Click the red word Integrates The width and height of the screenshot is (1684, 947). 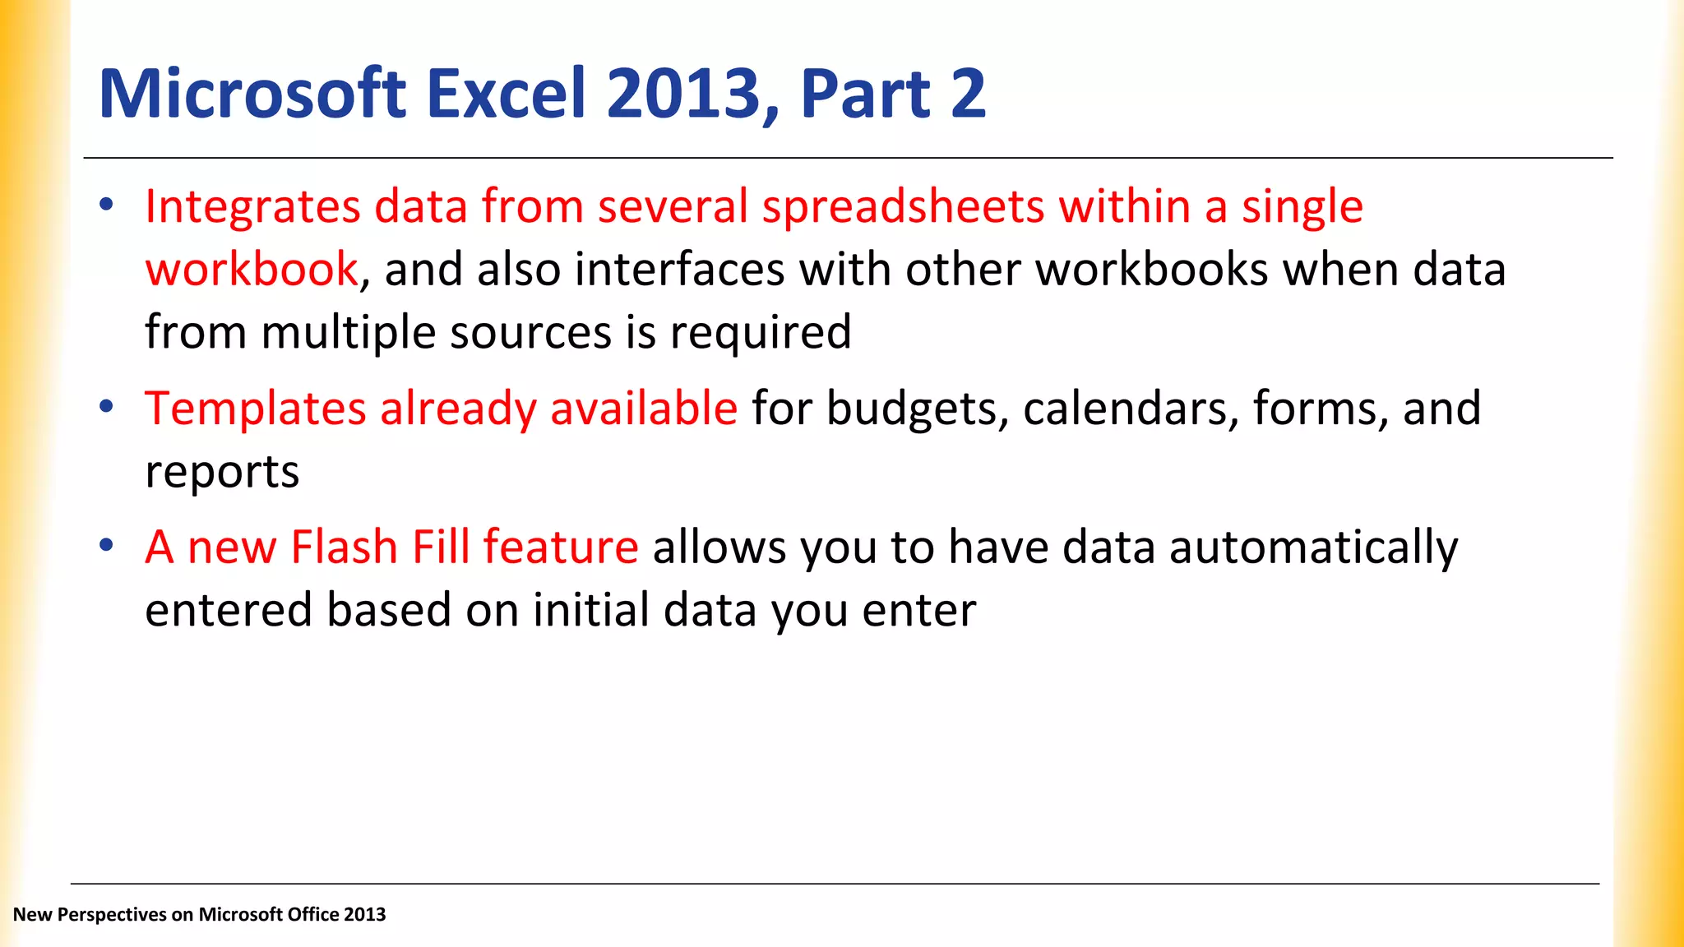[x=252, y=207]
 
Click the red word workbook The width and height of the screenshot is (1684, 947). [x=252, y=270]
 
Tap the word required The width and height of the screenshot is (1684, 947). [x=761, y=333]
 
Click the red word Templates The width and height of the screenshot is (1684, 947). [x=255, y=409]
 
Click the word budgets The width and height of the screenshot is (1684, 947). [x=916, y=409]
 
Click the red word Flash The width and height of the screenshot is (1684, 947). [x=344, y=547]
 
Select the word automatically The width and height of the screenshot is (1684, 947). [x=1313, y=547]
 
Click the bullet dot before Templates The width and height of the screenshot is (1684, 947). [x=106, y=406]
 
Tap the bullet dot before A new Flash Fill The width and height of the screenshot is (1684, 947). [x=106, y=545]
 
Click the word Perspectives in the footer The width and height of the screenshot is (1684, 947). [x=112, y=914]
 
